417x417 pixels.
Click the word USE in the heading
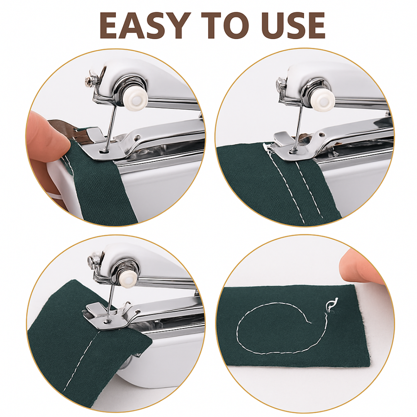coord(294,25)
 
